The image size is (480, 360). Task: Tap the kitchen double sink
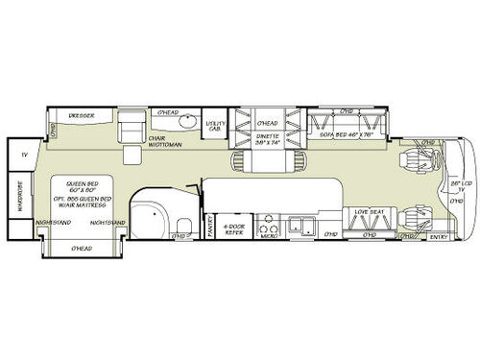pyautogui.click(x=302, y=228)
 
